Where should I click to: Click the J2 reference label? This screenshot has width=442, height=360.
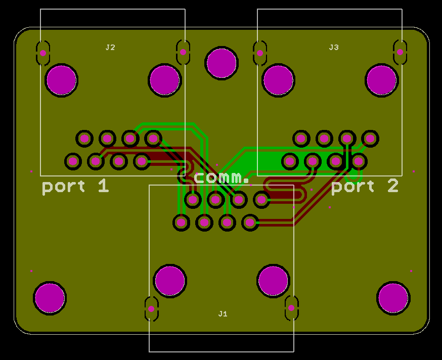(x=110, y=48)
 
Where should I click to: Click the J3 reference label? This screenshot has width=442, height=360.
(x=334, y=48)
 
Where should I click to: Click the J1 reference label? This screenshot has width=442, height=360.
(x=223, y=314)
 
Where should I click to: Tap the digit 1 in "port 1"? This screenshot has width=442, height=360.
(x=104, y=186)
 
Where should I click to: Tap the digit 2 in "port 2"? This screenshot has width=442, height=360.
(x=393, y=186)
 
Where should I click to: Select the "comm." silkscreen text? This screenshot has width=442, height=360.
(x=222, y=178)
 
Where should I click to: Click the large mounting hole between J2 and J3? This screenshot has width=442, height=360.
(x=222, y=63)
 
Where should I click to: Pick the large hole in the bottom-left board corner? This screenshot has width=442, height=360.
(x=50, y=298)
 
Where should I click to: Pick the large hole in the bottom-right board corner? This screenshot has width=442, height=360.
(x=393, y=298)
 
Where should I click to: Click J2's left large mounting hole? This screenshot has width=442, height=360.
(x=62, y=80)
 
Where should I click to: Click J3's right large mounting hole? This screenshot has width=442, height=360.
(x=382, y=80)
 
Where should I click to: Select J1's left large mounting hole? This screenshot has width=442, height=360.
(x=170, y=281)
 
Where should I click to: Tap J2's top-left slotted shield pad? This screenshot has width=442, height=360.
(x=43, y=53)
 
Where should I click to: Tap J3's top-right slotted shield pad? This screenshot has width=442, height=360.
(x=400, y=52)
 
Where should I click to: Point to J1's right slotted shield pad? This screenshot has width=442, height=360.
(x=291, y=308)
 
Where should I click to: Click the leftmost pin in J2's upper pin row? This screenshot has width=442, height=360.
(x=84, y=139)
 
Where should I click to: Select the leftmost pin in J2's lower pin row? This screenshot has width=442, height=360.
(x=73, y=161)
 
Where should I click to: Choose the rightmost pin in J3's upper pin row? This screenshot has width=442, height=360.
(x=370, y=139)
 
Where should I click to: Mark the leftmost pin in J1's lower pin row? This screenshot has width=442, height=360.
(x=181, y=222)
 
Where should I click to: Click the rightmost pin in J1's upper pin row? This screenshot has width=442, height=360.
(x=261, y=200)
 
